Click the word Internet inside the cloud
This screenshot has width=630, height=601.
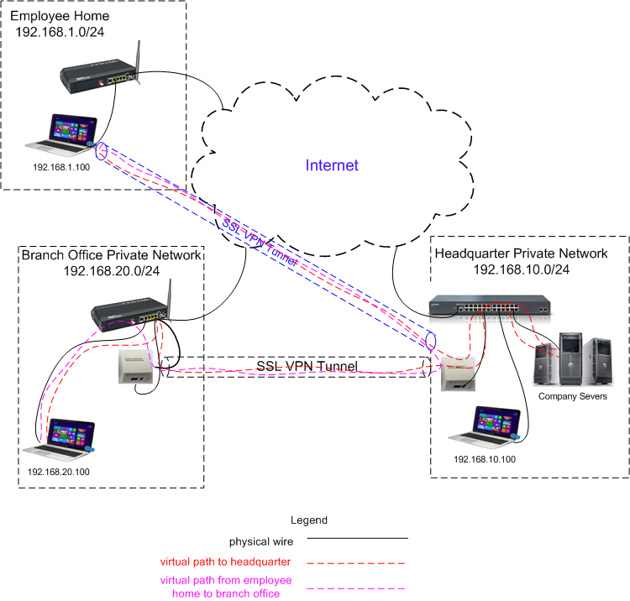pos(332,165)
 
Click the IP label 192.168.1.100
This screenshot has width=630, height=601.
pos(61,167)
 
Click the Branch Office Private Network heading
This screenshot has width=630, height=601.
pos(111,255)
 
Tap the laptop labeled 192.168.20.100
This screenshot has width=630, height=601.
pos(64,439)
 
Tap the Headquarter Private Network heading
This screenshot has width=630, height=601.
pos(521,253)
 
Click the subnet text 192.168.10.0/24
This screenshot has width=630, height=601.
pos(522,269)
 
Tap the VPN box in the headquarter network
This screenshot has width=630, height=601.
pos(459,373)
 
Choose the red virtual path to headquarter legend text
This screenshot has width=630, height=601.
pos(238,562)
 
